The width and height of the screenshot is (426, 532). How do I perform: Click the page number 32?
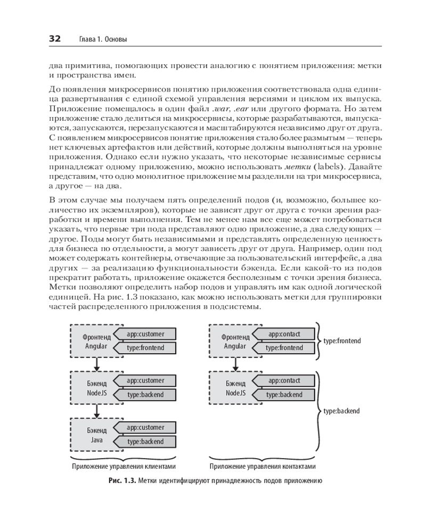click(55, 39)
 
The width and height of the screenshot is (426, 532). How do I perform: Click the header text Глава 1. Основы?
click(103, 39)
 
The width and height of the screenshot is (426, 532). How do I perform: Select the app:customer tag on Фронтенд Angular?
click(145, 334)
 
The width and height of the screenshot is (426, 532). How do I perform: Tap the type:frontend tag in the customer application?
click(145, 348)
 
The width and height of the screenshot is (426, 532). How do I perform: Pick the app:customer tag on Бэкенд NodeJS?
click(145, 381)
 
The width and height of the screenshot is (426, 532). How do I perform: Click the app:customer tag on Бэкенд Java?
click(145, 428)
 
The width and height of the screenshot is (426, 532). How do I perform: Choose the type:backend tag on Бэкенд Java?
click(145, 442)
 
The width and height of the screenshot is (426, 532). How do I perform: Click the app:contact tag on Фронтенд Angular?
click(284, 334)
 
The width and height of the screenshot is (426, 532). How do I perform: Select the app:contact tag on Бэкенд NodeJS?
click(284, 381)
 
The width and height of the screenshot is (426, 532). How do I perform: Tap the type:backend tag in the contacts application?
click(284, 395)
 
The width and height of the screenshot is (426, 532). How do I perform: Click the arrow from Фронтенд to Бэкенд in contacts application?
click(235, 363)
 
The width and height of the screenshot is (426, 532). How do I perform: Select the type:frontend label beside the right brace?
click(342, 340)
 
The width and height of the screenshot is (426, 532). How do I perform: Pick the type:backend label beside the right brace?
click(341, 411)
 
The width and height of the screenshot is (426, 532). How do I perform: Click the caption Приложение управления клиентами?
click(123, 467)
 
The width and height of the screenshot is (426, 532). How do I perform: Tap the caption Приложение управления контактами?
click(263, 467)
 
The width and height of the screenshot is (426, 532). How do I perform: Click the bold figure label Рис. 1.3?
click(121, 481)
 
